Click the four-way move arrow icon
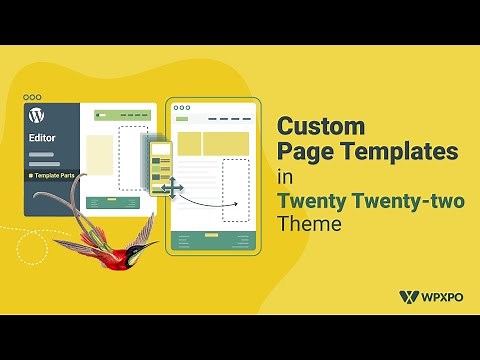click(170, 187)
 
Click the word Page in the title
click(306, 152)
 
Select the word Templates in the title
click(398, 152)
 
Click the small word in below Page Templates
click(285, 177)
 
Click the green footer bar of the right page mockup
click(212, 241)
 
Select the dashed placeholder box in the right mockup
click(234, 190)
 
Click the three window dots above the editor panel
click(32, 97)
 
